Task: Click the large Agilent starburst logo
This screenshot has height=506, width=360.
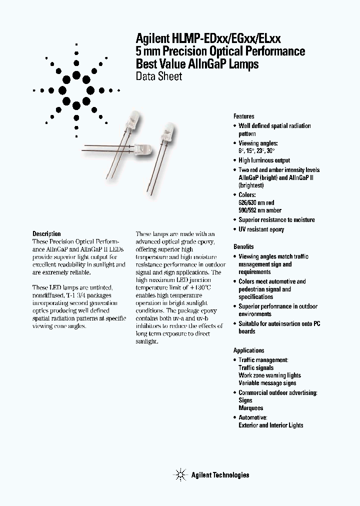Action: [76, 90]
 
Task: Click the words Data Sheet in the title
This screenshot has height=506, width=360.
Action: [159, 76]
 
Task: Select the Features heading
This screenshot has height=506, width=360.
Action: [244, 116]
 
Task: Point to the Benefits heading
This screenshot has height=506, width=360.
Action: [243, 246]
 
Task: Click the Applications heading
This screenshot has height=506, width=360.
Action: [248, 350]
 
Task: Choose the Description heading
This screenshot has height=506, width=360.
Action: [46, 233]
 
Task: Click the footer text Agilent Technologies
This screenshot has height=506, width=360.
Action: [220, 475]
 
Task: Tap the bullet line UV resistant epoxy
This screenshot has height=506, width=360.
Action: [261, 229]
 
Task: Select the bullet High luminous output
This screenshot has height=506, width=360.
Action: [264, 160]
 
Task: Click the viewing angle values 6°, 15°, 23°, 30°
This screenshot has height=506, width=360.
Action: [256, 150]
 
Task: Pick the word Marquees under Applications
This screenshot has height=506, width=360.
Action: [250, 408]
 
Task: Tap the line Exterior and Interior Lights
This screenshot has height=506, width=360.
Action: [270, 425]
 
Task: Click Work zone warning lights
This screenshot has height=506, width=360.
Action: [269, 375]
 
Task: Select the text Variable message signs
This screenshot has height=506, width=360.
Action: [267, 383]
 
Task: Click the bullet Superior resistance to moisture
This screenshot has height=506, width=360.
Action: [276, 220]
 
